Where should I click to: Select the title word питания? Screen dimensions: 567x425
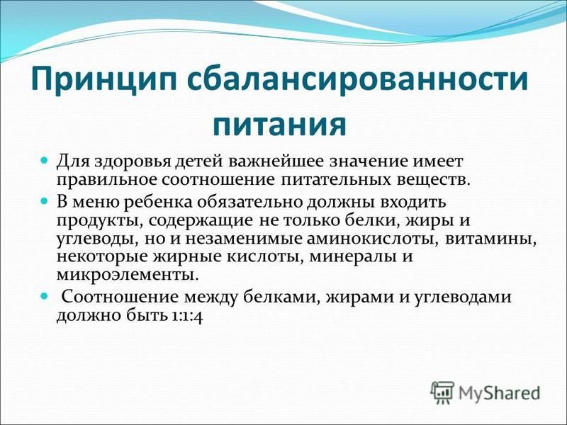click(279, 125)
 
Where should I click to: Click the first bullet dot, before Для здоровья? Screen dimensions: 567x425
click(45, 159)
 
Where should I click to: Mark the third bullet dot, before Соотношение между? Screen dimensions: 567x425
click(45, 295)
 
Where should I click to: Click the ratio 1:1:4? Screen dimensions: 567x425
click(186, 317)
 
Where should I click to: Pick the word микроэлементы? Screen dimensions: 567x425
click(128, 275)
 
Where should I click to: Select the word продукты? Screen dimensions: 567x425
click(99, 221)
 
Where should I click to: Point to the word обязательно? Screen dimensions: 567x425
click(250, 202)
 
